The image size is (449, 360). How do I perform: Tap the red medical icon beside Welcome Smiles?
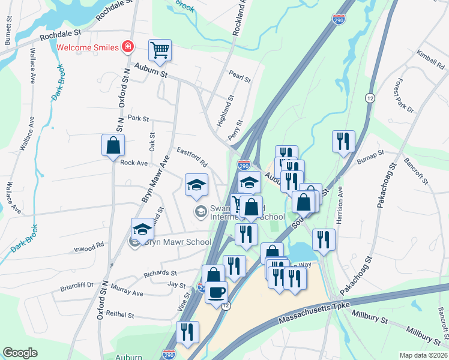(x=127, y=46)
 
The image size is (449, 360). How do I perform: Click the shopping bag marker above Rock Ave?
(x=113, y=145)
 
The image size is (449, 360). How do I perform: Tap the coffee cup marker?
(x=216, y=292)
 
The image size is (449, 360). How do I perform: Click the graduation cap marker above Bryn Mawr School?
(x=143, y=229)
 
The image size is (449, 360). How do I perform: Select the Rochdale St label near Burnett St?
(x=60, y=37)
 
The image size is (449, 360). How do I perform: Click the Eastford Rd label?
(x=191, y=155)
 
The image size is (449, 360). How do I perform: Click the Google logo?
(x=20, y=353)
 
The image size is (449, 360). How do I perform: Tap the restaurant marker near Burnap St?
(x=343, y=142)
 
